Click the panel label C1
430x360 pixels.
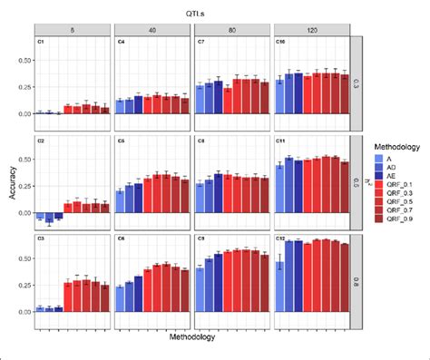tap(40, 42)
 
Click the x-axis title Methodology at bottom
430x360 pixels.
tap(192, 338)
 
